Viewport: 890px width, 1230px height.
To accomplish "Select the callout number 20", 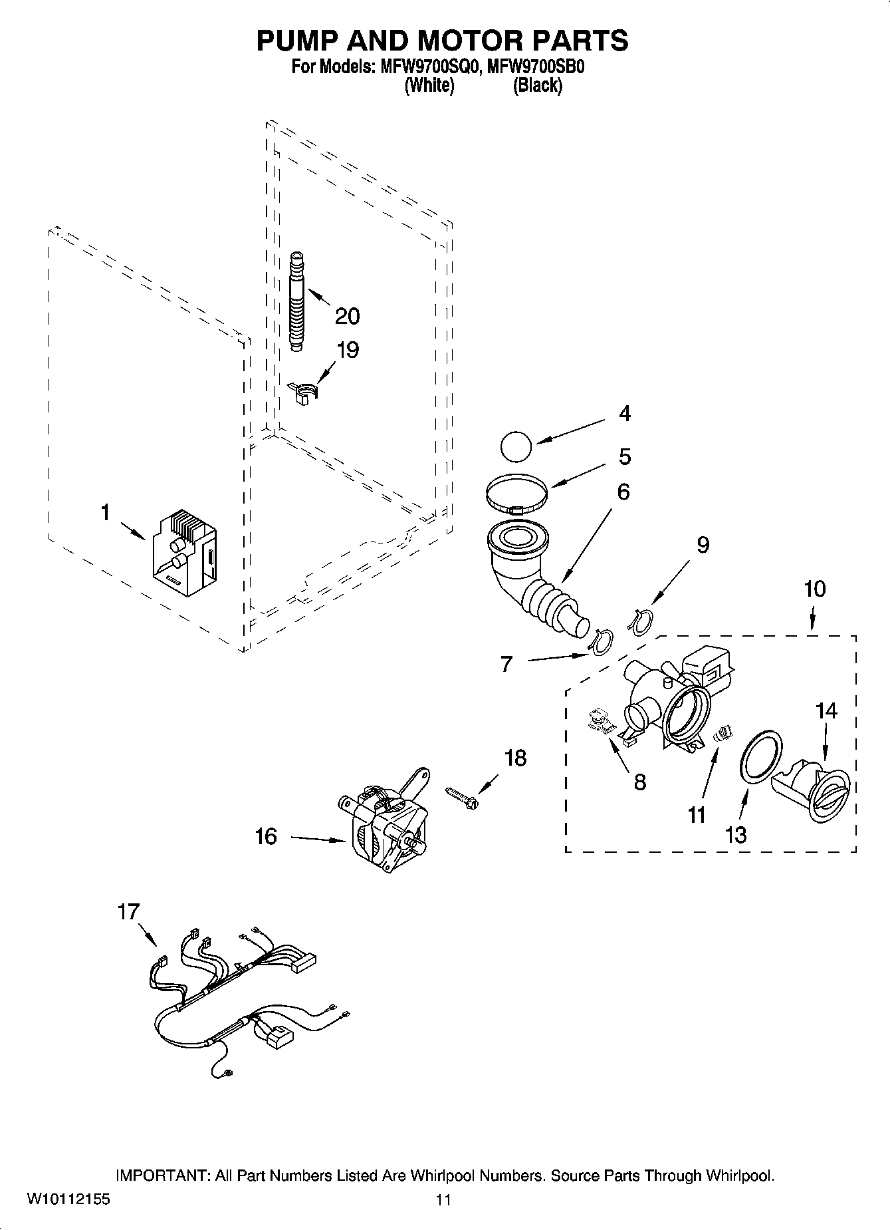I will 347,316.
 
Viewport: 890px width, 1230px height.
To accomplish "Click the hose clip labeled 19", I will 304,392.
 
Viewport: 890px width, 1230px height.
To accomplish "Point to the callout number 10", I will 814,589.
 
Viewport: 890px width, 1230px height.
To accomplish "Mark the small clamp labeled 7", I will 600,643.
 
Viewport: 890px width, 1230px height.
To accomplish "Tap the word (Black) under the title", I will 537,86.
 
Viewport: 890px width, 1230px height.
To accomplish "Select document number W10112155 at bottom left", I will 68,1200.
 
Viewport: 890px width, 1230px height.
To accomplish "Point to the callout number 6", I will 623,492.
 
